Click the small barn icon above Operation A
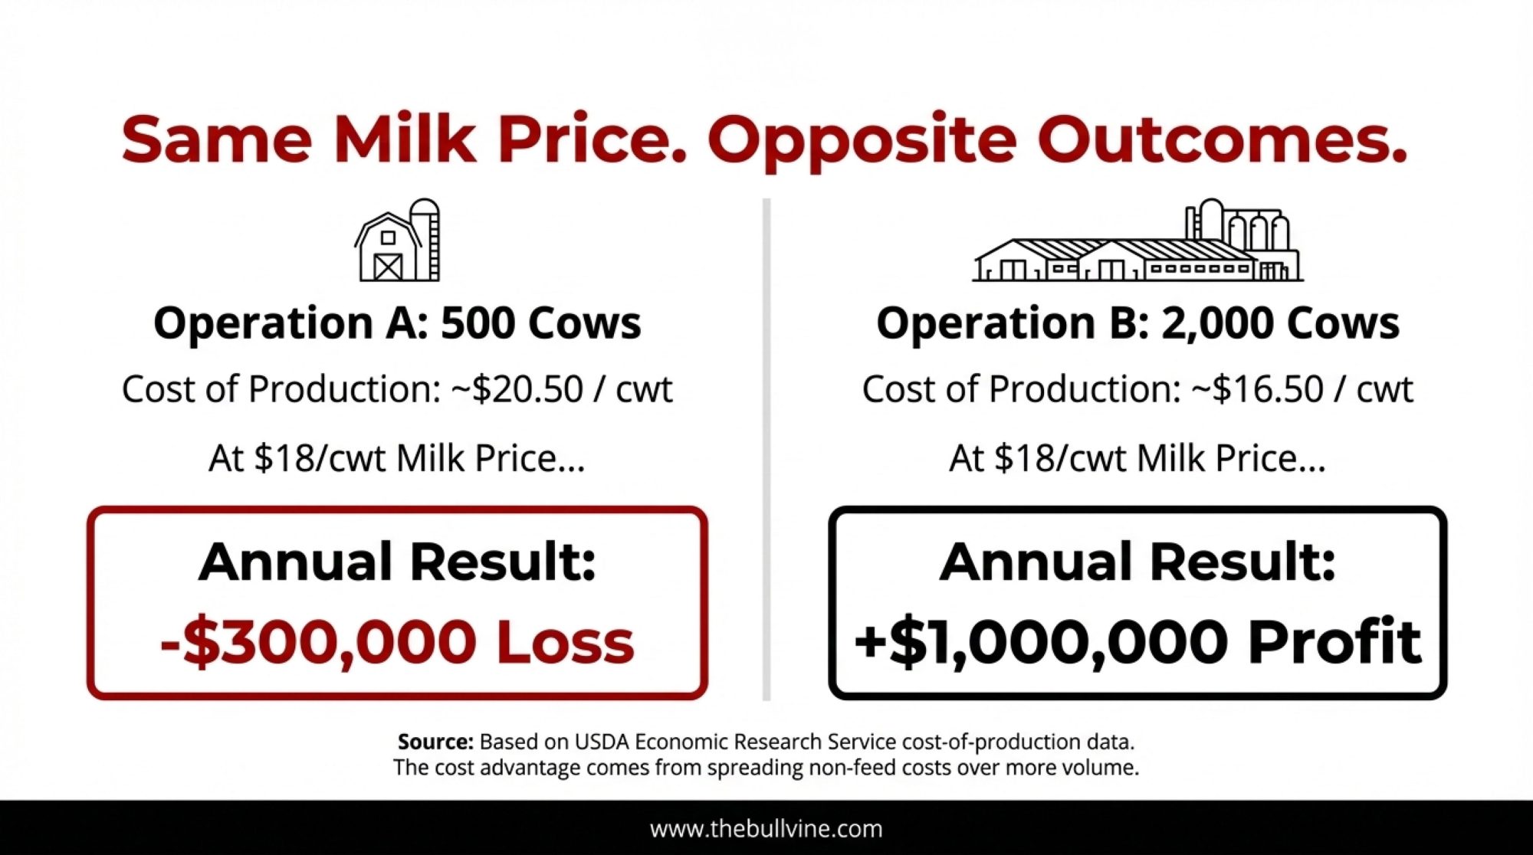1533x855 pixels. [x=397, y=240]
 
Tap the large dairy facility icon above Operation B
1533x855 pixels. [x=1138, y=240]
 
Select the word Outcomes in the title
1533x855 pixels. [x=1223, y=139]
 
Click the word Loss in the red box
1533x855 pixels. [x=566, y=641]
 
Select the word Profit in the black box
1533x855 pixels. [x=1335, y=640]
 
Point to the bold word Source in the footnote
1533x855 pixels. [x=435, y=742]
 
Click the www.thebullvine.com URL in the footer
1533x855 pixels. [x=766, y=828]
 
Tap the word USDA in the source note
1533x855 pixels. [x=602, y=742]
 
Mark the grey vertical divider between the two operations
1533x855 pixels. [x=766, y=449]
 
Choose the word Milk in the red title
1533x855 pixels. [x=405, y=139]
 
